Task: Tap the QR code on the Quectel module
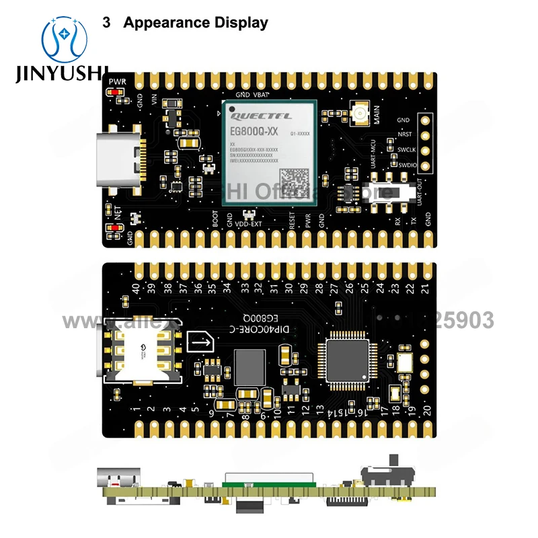[296, 180]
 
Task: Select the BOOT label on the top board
[215, 221]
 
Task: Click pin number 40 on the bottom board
[137, 289]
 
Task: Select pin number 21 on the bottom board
[425, 289]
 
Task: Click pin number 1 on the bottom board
[137, 409]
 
